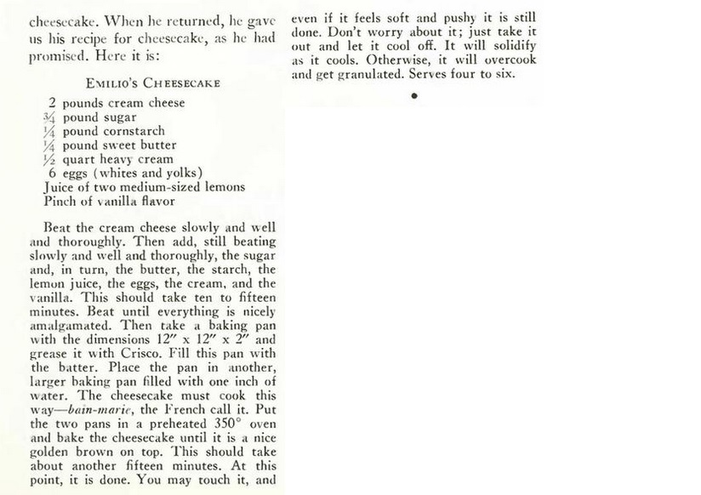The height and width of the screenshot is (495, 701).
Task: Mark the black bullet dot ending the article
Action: coord(413,96)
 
